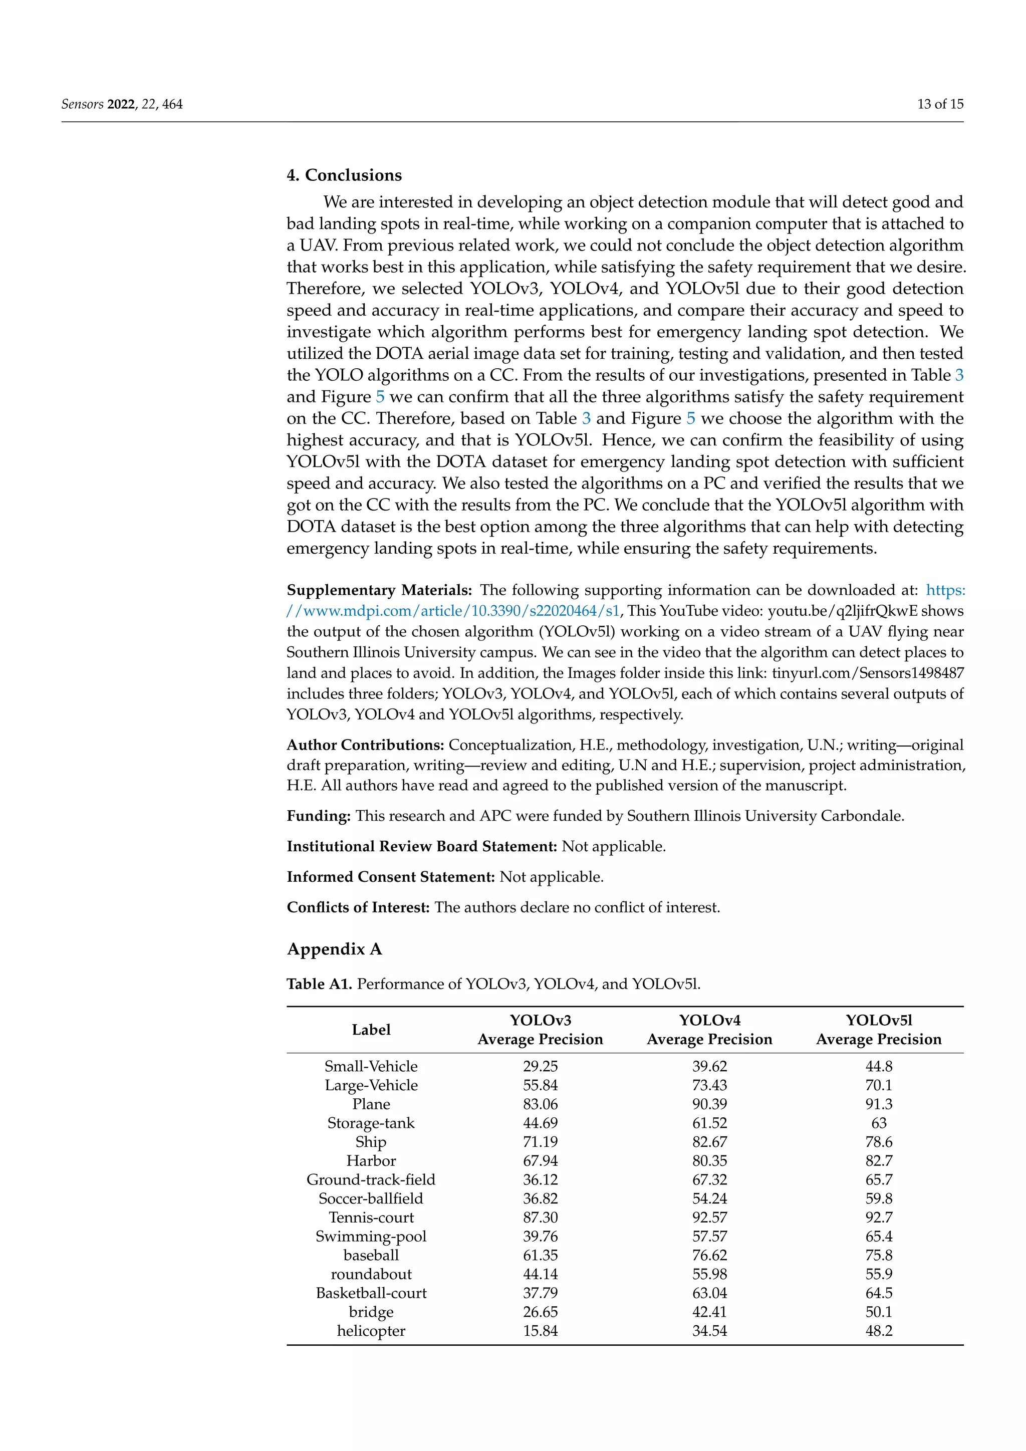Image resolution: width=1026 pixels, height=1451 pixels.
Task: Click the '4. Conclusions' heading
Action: pos(344,175)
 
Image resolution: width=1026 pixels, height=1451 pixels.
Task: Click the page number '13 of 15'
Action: pos(940,104)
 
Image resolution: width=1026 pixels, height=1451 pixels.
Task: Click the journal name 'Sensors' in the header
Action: pos(82,104)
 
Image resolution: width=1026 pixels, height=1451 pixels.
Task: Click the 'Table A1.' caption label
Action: pos(319,984)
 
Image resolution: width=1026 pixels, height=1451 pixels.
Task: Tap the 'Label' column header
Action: pos(371,1030)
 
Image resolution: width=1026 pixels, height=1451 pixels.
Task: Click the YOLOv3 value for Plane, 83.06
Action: pos(540,1104)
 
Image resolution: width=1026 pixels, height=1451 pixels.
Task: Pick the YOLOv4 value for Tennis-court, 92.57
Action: pos(709,1217)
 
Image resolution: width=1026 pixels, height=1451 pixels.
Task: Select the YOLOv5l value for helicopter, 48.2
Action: pos(879,1330)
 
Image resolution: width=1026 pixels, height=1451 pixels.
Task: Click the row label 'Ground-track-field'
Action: pos(371,1179)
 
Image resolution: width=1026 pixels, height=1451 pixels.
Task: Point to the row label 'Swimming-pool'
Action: pos(371,1236)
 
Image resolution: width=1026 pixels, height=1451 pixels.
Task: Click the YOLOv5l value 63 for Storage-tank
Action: pos(879,1123)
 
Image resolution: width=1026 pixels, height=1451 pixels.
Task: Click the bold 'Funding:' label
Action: pos(319,816)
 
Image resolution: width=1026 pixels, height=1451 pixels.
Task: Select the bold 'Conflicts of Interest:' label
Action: pos(358,907)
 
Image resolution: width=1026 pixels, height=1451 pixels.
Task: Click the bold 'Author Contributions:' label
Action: pos(365,745)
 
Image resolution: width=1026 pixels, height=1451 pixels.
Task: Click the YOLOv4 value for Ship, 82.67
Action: pos(709,1142)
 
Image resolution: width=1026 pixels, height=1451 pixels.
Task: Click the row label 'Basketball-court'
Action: pos(371,1293)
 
